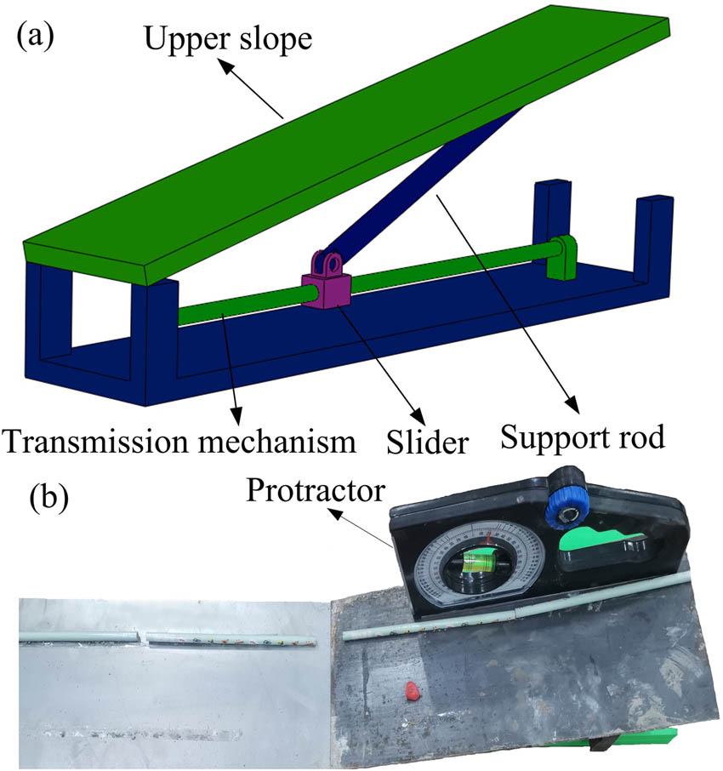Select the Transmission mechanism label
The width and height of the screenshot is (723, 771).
pyautogui.click(x=179, y=441)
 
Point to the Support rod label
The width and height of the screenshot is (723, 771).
pyautogui.click(x=583, y=438)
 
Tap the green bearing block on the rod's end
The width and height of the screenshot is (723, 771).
pyautogui.click(x=564, y=258)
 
